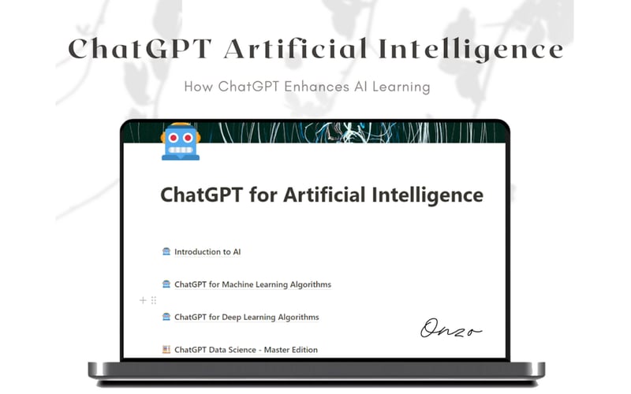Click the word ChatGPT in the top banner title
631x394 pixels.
tap(140, 49)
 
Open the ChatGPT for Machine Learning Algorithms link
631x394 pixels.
tap(252, 284)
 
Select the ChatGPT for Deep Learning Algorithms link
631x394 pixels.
tap(246, 317)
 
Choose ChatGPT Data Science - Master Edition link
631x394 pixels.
tap(245, 349)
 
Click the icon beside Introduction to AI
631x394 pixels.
tap(166, 252)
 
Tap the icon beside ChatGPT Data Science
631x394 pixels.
tap(166, 349)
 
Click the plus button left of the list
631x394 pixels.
tap(143, 300)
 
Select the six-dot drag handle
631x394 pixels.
tap(153, 300)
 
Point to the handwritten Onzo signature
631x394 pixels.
tap(450, 327)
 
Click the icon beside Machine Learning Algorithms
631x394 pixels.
tap(166, 284)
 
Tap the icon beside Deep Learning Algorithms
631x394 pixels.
tap(166, 317)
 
